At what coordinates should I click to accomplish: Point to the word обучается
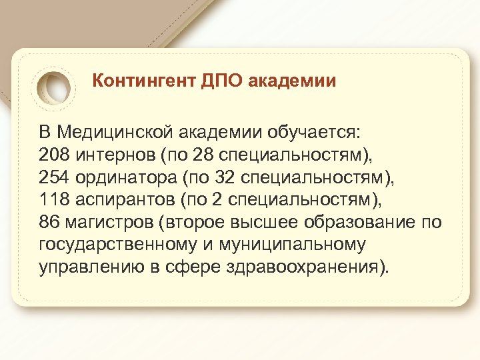tap(322, 131)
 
